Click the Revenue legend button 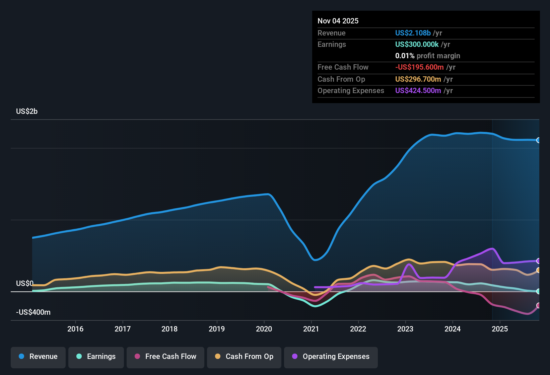(x=38, y=357)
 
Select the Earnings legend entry (x=96, y=357)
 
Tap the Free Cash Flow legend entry (x=165, y=357)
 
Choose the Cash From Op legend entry (x=244, y=357)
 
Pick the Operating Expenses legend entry (x=331, y=357)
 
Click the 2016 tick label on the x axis (x=75, y=329)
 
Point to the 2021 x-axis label (x=311, y=329)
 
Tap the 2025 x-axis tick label (x=500, y=329)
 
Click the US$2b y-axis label (x=27, y=111)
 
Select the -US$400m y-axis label (x=33, y=312)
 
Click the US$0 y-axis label (x=25, y=284)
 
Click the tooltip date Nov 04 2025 (x=338, y=21)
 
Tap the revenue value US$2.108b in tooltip (x=413, y=33)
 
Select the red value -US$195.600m (x=419, y=67)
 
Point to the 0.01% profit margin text (x=427, y=56)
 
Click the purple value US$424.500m (x=418, y=91)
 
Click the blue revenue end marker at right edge (x=538, y=140)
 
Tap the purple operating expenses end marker (x=538, y=261)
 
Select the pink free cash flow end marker (x=538, y=305)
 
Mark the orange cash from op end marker (x=538, y=270)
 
